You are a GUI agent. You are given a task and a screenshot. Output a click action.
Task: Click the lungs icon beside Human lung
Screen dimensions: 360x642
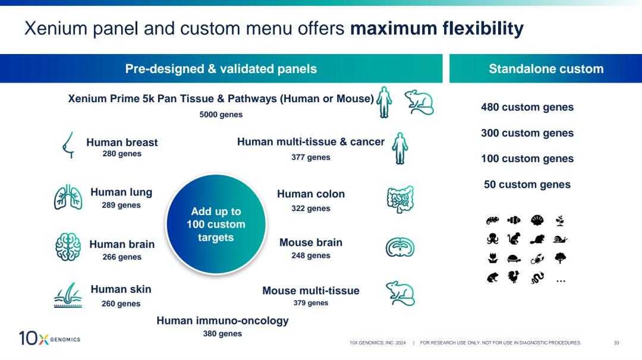(x=68, y=197)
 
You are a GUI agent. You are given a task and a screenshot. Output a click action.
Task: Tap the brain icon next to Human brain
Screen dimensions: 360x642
(x=68, y=247)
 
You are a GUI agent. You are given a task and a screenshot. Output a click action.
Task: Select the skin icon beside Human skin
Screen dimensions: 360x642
(x=68, y=295)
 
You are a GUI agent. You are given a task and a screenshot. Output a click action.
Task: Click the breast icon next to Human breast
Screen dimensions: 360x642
(x=68, y=146)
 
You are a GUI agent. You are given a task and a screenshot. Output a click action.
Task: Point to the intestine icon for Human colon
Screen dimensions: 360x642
(x=400, y=200)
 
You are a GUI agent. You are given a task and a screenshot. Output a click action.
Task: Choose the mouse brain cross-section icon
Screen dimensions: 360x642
(x=400, y=247)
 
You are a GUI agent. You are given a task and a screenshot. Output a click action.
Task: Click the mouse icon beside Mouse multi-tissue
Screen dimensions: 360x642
(x=400, y=293)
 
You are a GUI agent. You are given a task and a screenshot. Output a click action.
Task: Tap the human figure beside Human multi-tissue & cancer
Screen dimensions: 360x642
(x=401, y=148)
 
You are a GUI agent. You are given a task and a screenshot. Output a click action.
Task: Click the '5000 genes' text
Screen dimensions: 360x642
(x=221, y=114)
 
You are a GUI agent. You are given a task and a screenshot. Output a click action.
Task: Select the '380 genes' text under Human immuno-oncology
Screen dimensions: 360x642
(x=222, y=334)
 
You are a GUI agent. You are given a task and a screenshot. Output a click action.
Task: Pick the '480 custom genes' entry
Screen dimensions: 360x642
(x=527, y=108)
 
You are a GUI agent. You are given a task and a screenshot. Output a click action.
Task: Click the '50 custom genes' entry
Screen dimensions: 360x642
(x=527, y=185)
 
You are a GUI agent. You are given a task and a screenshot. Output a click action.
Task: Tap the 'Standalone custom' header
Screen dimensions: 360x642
(x=546, y=69)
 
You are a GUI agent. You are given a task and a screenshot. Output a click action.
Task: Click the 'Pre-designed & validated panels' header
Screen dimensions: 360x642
(x=221, y=69)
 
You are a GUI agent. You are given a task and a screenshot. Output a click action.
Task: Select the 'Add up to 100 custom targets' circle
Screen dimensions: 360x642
(x=216, y=225)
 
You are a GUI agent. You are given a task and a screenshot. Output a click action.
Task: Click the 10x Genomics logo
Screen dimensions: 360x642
(x=49, y=339)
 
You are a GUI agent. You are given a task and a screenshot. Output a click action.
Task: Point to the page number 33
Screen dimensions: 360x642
(x=616, y=343)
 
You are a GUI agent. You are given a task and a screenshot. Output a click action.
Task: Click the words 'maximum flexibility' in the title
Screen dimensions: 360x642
(x=437, y=29)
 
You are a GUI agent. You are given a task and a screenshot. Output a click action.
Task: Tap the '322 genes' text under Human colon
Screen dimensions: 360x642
(x=311, y=209)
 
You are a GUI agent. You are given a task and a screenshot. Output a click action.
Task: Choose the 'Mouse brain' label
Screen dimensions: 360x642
(x=311, y=242)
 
